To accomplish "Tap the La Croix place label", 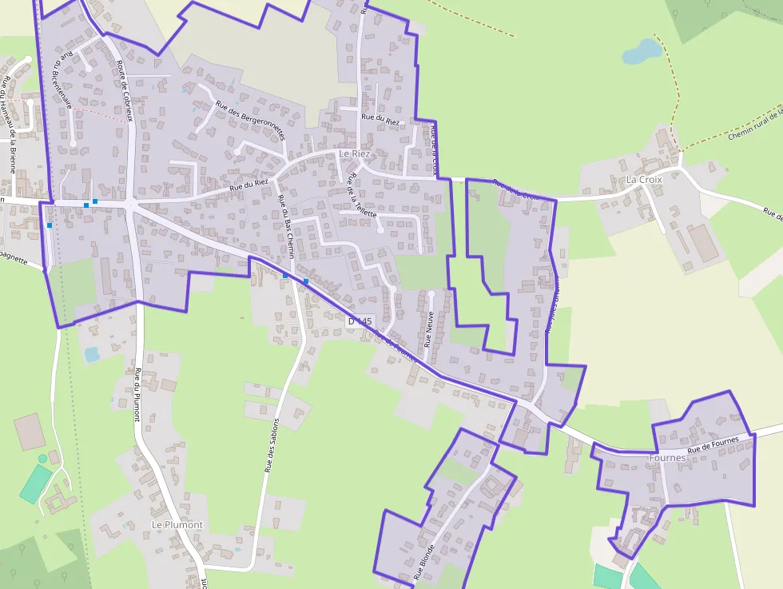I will coord(644,180).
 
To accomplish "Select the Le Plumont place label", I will coord(177,525).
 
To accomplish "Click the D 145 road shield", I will coord(360,320).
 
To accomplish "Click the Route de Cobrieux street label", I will coord(123,91).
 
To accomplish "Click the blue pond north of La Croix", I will coord(642,52).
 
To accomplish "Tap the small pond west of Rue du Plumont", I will coord(92,353).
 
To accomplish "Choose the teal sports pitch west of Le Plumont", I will coord(36,483).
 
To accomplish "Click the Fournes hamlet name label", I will coord(667,458).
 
